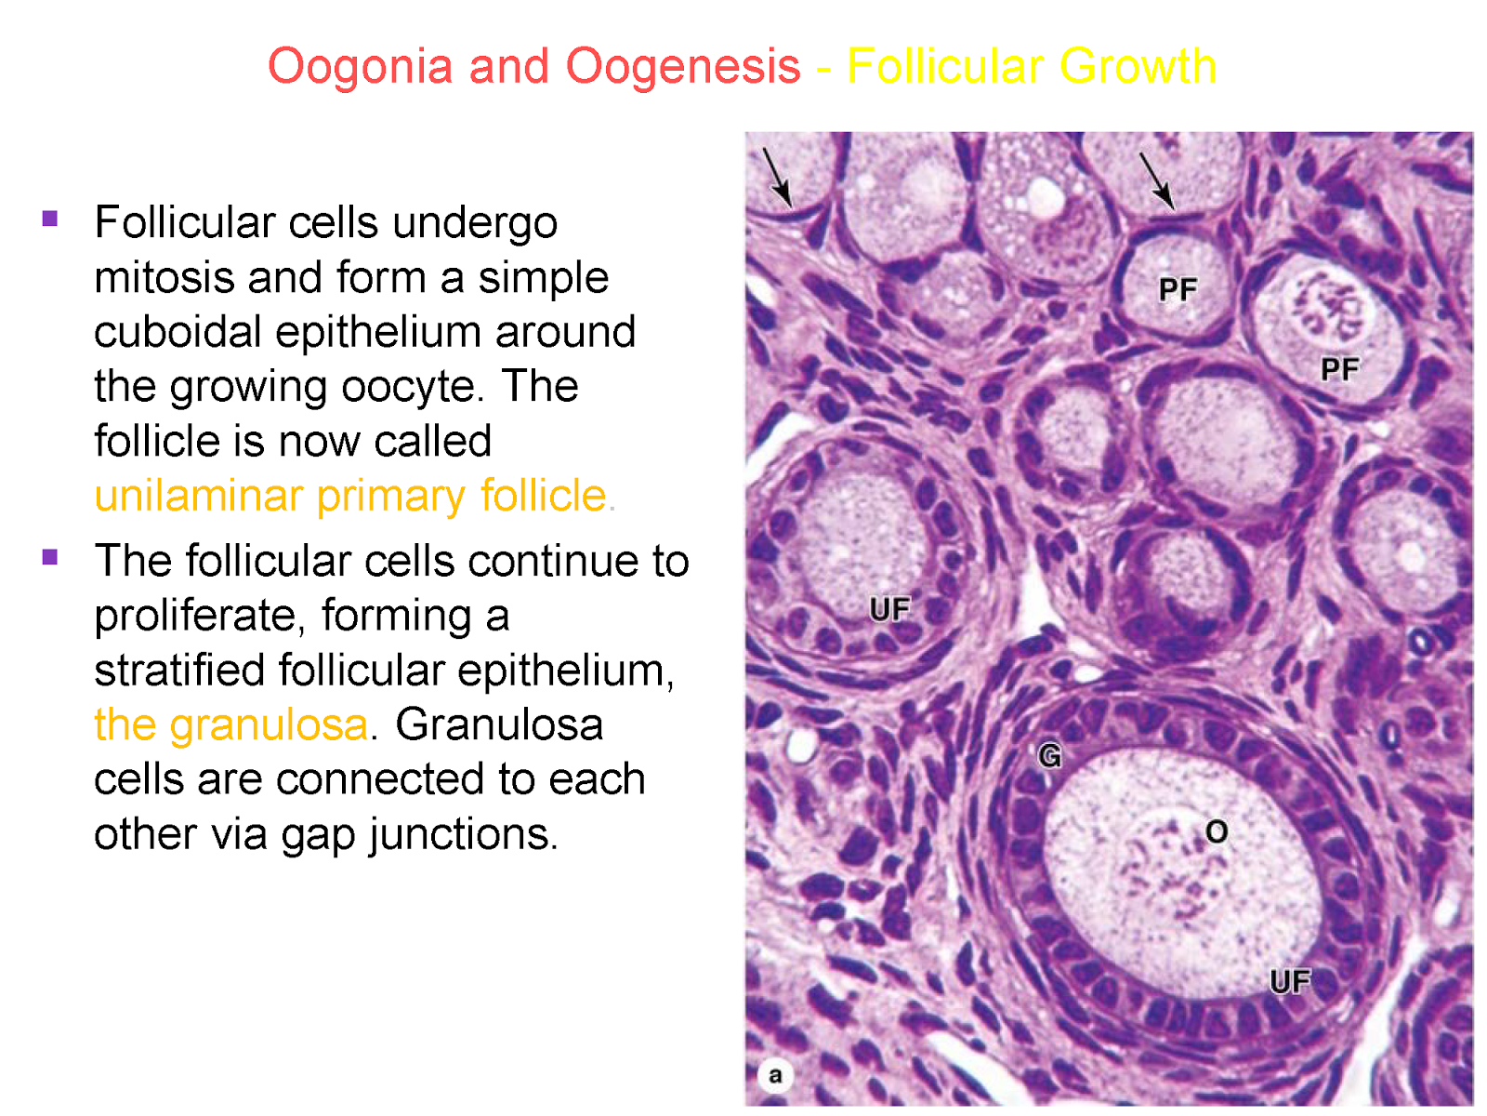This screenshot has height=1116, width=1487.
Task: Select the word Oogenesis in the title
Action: [x=683, y=67]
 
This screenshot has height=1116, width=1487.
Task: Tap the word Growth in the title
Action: [x=1138, y=67]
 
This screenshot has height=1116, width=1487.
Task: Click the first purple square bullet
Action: [x=50, y=219]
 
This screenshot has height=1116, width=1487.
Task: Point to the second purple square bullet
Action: [x=50, y=558]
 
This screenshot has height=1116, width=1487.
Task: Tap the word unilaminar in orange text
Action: [x=198, y=496]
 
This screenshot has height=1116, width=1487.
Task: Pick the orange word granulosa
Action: [x=269, y=724]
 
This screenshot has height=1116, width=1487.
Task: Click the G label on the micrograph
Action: [x=1049, y=756]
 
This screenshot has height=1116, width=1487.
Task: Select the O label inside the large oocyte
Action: [x=1217, y=831]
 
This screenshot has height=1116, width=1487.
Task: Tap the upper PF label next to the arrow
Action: [x=1178, y=290]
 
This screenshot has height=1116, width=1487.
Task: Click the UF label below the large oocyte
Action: [x=1290, y=981]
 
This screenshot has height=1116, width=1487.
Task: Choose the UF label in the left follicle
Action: [x=889, y=609]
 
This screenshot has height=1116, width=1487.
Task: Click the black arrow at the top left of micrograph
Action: [x=777, y=177]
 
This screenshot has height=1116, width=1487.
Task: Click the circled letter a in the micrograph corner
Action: [x=775, y=1076]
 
